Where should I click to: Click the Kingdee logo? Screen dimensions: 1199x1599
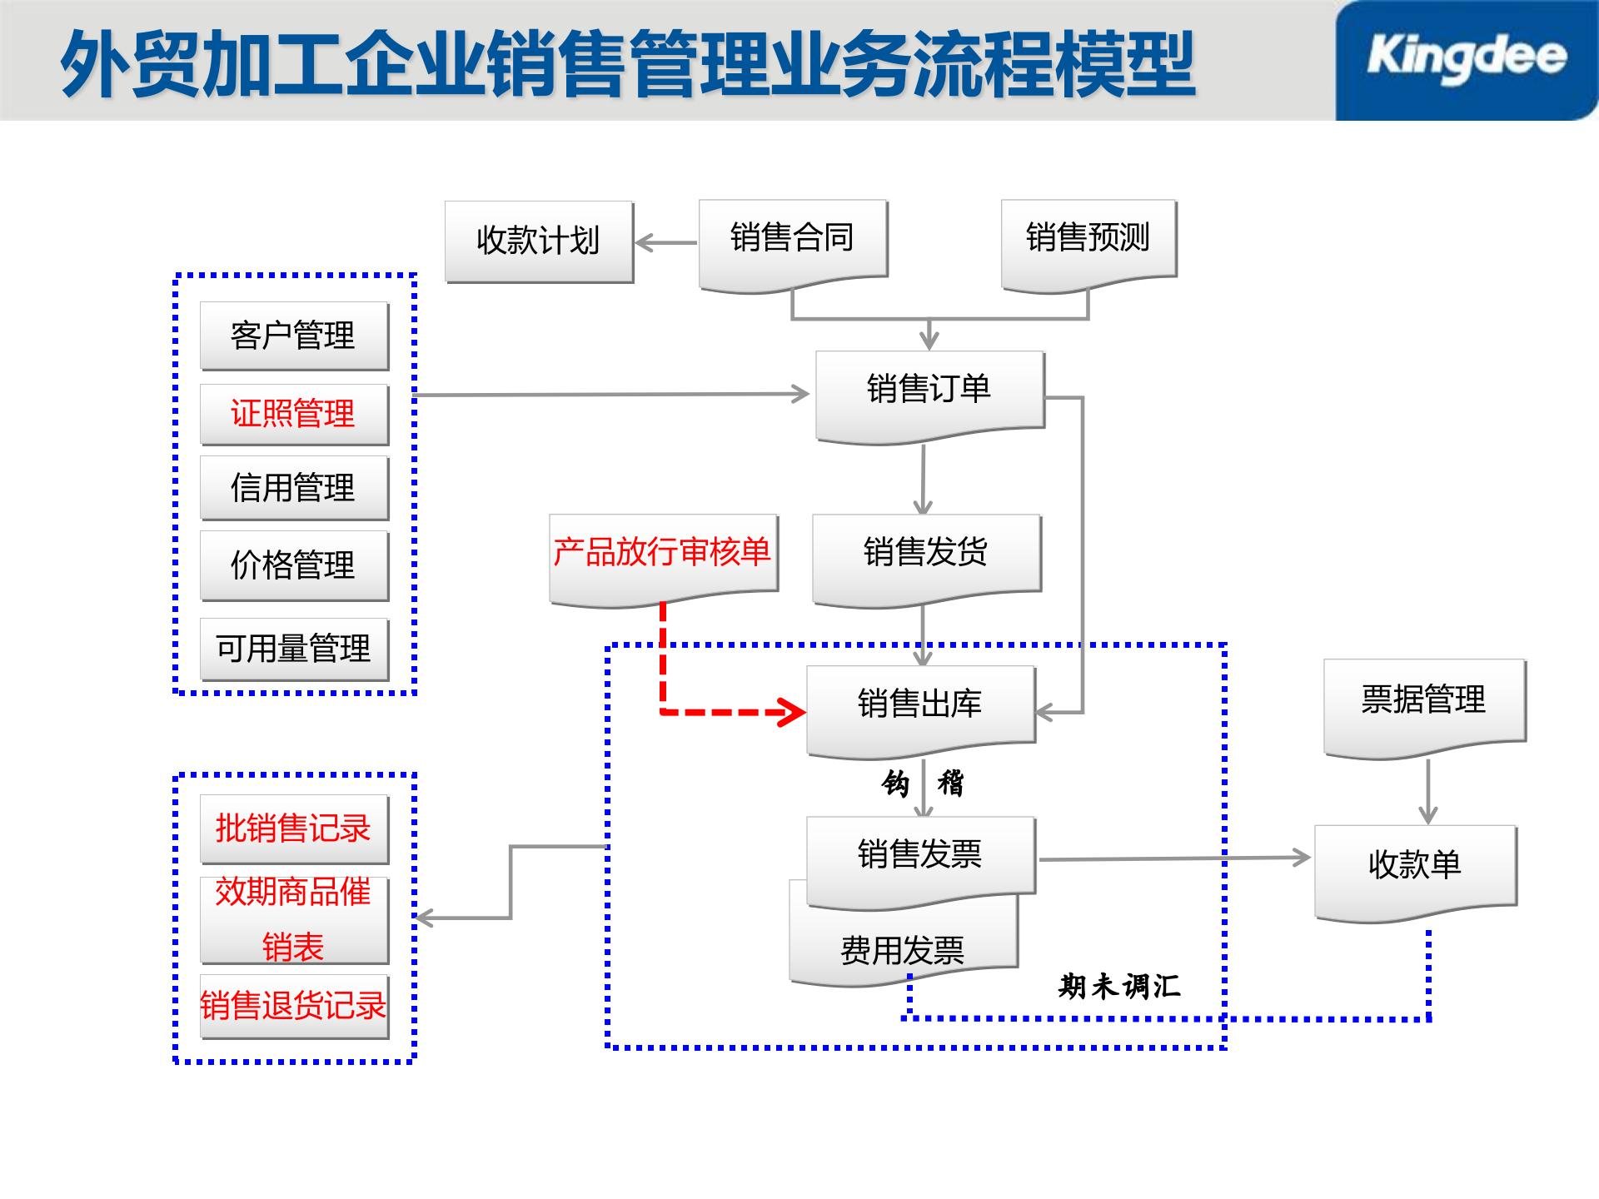[x=1466, y=58]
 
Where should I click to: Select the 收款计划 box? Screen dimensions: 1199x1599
[x=539, y=241]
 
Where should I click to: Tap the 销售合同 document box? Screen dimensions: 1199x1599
[x=792, y=239]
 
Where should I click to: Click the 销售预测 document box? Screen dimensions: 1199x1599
[x=1088, y=239]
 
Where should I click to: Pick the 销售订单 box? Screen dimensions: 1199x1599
[x=929, y=390]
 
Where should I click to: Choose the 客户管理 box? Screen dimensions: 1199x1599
[x=293, y=336]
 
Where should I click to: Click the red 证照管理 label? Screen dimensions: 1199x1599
[x=293, y=414]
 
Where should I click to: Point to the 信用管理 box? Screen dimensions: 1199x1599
[x=293, y=488]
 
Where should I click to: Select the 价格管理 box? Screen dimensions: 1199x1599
[x=293, y=565]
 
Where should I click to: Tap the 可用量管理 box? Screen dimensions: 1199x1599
[x=293, y=649]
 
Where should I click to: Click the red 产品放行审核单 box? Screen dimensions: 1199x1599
[x=663, y=553]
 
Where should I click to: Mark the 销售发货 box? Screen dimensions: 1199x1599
[x=926, y=553]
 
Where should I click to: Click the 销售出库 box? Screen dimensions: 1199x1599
[x=920, y=704]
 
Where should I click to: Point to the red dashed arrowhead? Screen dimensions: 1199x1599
[x=791, y=712]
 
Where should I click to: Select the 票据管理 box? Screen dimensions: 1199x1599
[x=1423, y=700]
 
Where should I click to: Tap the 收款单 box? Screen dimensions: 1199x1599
[x=1415, y=866]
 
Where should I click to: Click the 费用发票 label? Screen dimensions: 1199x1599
[x=903, y=951]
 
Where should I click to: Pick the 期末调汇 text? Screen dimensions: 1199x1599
[x=1119, y=987]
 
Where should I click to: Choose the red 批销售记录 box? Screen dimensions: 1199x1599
[x=293, y=828]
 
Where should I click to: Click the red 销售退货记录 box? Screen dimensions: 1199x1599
[x=293, y=1006]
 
